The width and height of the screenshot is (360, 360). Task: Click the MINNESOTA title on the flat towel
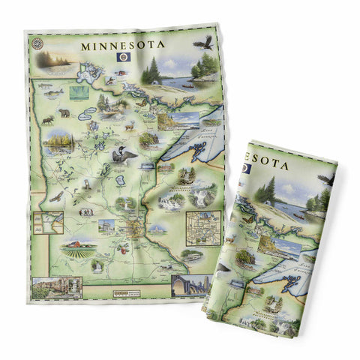point(123,44)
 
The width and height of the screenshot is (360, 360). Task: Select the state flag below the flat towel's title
point(124,58)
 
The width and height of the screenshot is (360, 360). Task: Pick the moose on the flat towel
point(46,118)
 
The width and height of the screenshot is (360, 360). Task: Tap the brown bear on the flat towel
point(64,113)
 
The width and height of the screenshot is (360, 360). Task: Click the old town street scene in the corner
point(57,286)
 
